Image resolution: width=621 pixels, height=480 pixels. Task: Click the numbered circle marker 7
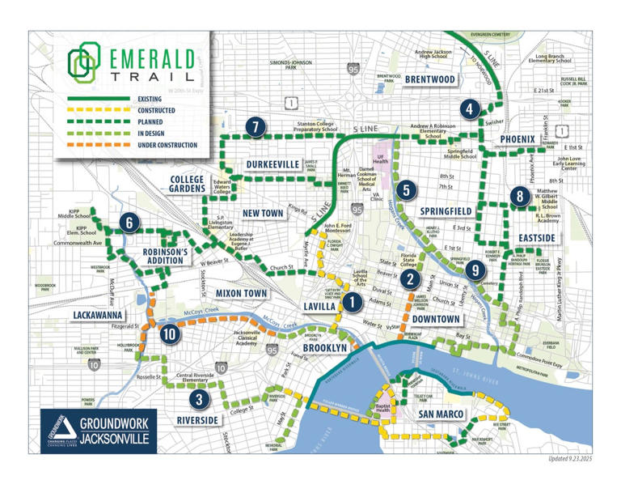[255, 126]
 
